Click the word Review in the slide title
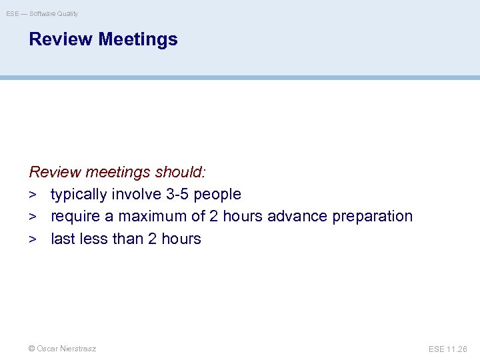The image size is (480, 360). [61, 39]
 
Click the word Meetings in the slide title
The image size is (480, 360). [138, 39]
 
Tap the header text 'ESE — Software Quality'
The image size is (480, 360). [42, 13]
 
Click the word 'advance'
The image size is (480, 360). [295, 216]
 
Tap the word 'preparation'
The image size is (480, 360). [373, 216]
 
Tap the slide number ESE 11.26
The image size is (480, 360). [448, 349]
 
